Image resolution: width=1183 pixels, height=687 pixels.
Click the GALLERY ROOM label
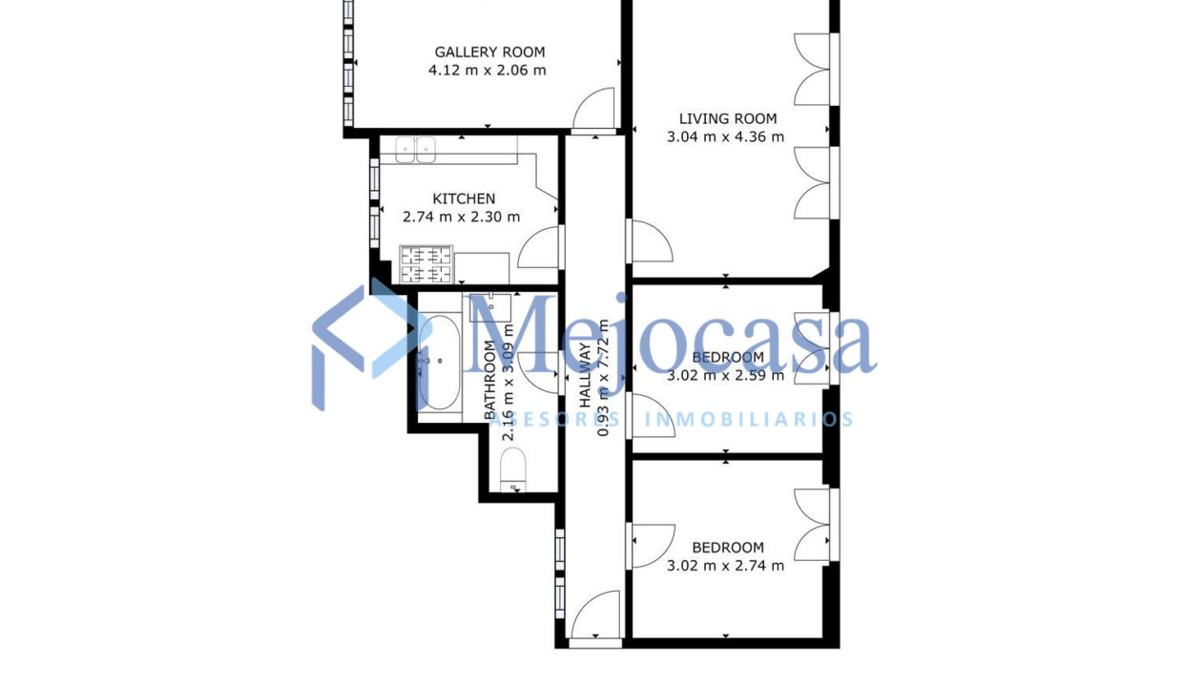[x=489, y=52]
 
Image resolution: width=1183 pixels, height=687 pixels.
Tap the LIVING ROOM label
[x=727, y=119]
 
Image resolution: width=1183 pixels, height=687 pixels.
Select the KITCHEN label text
[x=464, y=198]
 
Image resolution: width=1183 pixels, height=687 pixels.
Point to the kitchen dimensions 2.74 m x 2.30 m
[x=462, y=217]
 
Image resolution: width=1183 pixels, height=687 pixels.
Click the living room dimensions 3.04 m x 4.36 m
[x=725, y=136]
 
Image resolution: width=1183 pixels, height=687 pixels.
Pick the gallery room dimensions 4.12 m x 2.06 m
[x=488, y=70]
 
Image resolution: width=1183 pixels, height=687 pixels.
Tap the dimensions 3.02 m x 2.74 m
[x=727, y=565]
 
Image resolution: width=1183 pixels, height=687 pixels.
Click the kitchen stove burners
[x=425, y=264]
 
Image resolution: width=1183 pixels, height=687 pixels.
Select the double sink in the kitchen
[x=417, y=148]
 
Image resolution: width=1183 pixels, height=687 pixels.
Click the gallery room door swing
[x=596, y=108]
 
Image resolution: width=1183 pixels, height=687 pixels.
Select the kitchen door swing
[x=540, y=248]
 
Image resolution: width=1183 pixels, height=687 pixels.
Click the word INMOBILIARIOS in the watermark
[x=749, y=419]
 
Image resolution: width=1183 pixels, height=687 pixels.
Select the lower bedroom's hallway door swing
[x=649, y=546]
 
